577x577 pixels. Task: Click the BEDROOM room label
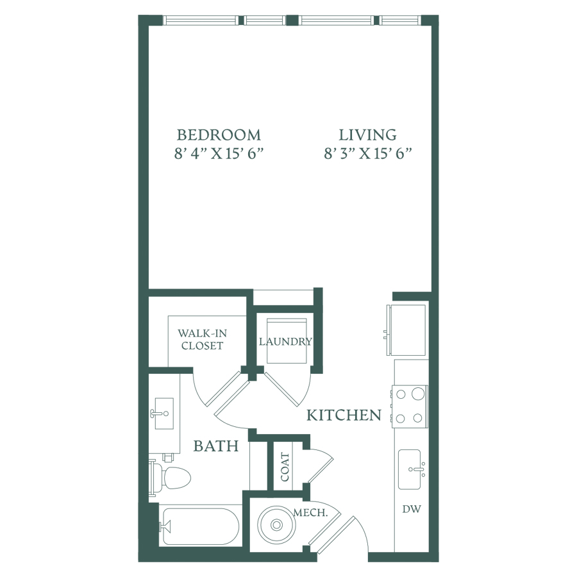click(219, 135)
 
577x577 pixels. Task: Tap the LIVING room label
click(367, 135)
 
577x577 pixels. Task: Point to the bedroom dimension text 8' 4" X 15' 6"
click(219, 153)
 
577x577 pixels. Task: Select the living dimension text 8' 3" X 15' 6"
click(367, 153)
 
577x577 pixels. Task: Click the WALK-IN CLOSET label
click(203, 339)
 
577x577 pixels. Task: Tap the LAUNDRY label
click(285, 342)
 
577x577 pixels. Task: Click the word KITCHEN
click(344, 415)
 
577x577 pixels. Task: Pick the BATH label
click(216, 446)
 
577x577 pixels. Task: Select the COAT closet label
click(285, 467)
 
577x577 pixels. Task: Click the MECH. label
click(310, 513)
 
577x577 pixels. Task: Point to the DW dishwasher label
click(412, 509)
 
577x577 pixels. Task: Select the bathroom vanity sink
click(164, 414)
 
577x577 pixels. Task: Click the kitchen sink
click(410, 469)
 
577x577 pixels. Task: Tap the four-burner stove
click(409, 406)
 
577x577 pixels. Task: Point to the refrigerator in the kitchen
click(406, 330)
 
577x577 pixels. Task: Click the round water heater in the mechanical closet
click(276, 524)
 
